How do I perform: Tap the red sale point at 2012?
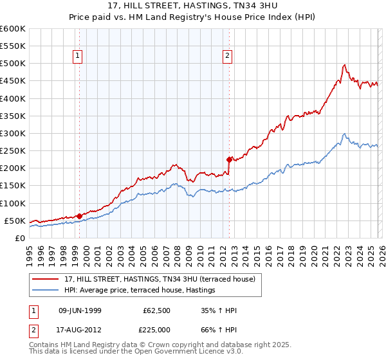tap(228, 159)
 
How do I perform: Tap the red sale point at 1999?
tap(79, 216)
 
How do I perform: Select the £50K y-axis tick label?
tap(15, 221)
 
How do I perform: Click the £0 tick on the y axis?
tap(21, 238)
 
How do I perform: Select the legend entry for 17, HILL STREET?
tap(160, 279)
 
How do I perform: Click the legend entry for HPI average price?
tap(139, 291)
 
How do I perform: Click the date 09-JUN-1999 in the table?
tap(78, 310)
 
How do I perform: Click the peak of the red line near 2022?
tap(345, 64)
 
